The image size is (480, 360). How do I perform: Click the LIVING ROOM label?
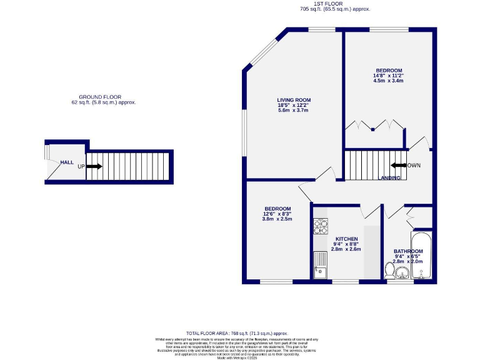294,100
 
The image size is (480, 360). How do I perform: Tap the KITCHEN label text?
346,239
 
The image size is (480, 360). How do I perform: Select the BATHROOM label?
408,251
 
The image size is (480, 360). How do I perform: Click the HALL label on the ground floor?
67,162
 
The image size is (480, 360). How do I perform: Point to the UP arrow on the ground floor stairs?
94,166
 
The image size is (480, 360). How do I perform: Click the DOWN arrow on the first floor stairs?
397,166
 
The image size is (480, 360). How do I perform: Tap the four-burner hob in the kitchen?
321,226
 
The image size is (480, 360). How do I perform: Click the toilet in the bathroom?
390,270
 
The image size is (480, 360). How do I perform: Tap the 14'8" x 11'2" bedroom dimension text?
389,76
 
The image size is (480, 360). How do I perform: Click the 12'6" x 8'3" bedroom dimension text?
277,214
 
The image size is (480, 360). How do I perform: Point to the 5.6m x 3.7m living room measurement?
294,111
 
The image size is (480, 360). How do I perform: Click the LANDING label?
391,178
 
